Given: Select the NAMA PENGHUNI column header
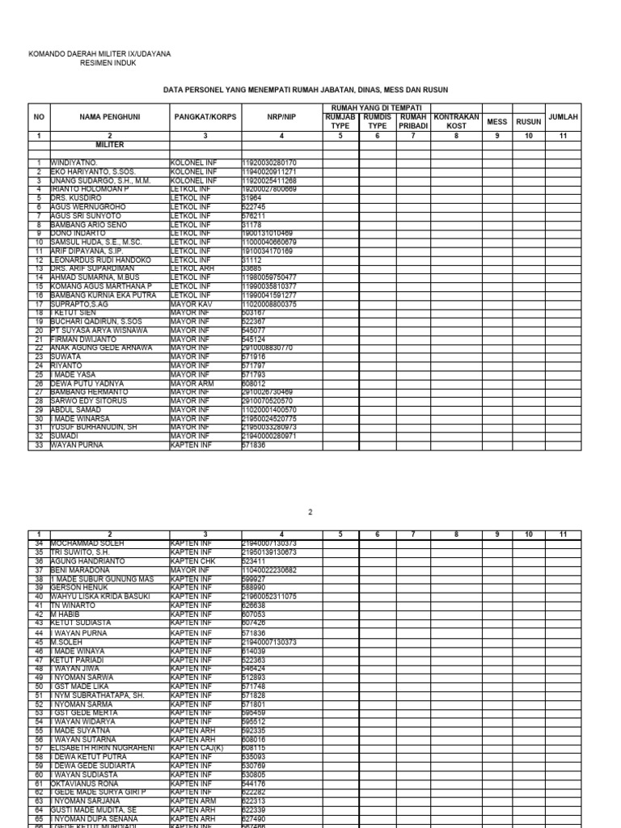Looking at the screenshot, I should click(x=110, y=117).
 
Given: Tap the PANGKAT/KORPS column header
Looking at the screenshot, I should click(x=205, y=117).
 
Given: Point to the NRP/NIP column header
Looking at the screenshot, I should click(x=282, y=117).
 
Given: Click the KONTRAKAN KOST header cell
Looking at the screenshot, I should click(x=456, y=121).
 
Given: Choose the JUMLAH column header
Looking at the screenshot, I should click(x=563, y=117).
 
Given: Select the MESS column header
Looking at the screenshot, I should click(x=497, y=121).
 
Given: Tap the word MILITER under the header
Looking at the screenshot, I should click(x=109, y=142).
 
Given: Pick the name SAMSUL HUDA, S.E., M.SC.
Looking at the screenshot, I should click(x=96, y=242).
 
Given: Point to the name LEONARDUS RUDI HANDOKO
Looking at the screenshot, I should click(x=101, y=260).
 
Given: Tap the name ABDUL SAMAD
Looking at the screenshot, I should click(x=76, y=409).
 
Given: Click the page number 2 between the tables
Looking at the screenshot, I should click(x=310, y=513).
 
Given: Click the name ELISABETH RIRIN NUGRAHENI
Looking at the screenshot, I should click(x=102, y=749).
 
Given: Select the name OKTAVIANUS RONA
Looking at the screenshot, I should click(x=86, y=784).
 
